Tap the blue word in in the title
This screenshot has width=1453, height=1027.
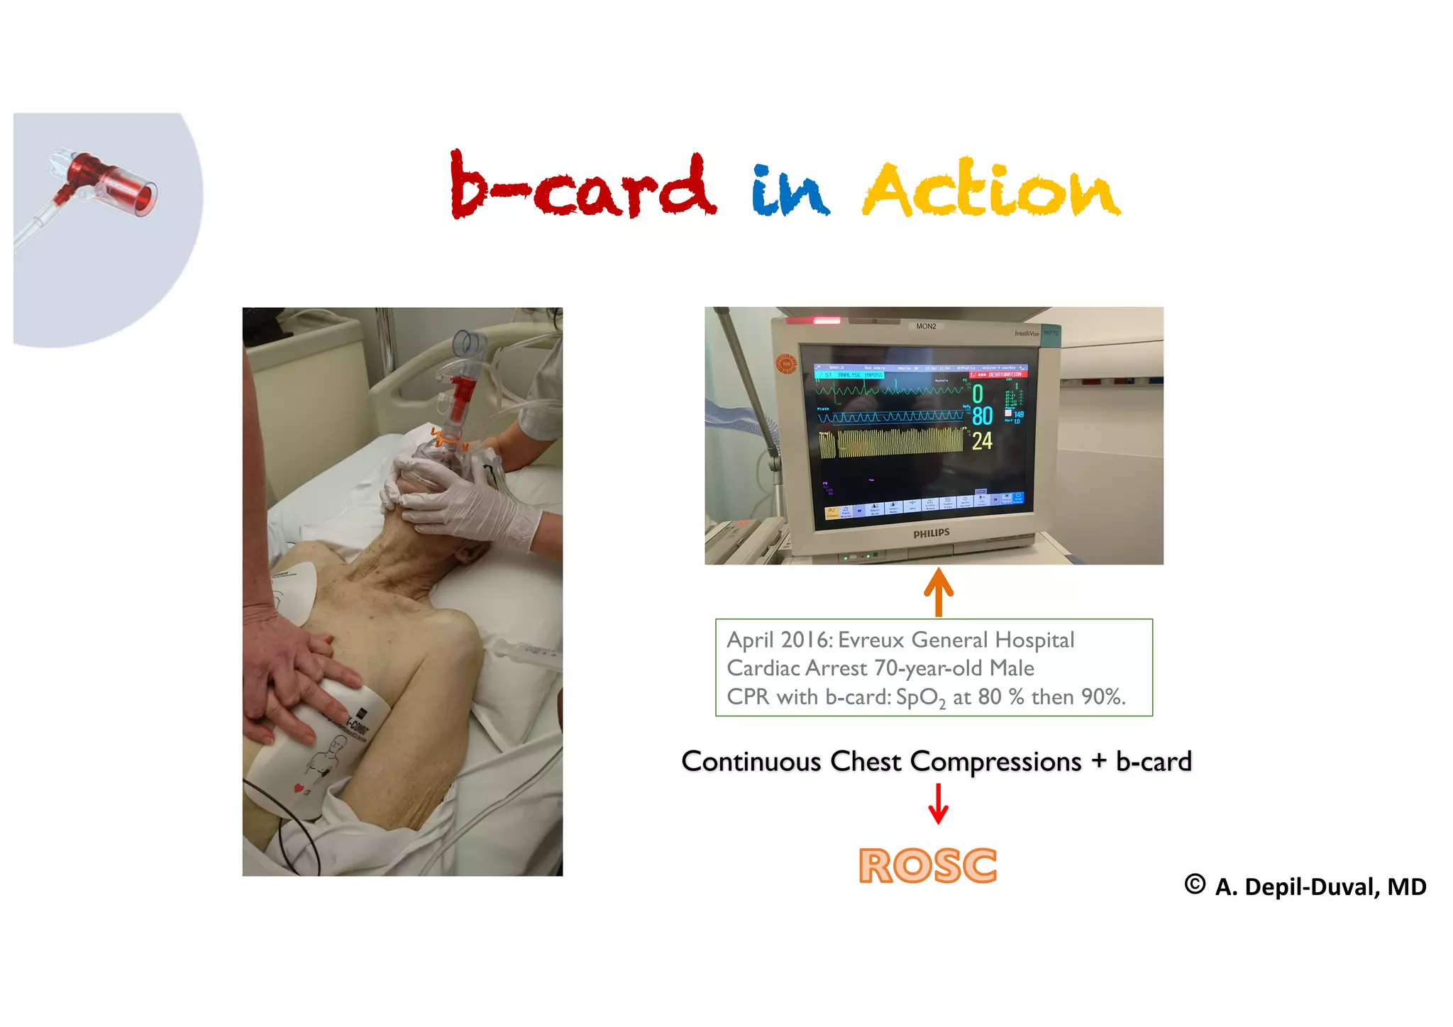[790, 190]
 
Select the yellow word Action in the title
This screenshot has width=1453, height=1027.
[991, 189]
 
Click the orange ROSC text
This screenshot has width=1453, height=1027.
[927, 866]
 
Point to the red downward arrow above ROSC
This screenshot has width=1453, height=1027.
[939, 804]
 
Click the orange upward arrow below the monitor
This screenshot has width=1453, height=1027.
[939, 592]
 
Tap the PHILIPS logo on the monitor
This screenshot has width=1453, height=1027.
[931, 533]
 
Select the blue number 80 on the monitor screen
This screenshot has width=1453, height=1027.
[982, 416]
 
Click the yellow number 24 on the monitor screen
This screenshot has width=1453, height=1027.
[982, 441]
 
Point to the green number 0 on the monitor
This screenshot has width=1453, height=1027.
[978, 393]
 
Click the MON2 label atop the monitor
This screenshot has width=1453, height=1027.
[926, 326]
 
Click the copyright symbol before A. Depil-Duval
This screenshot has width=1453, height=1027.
[1195, 884]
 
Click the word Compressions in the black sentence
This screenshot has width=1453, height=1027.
[995, 761]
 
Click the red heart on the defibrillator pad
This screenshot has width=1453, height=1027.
[299, 788]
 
